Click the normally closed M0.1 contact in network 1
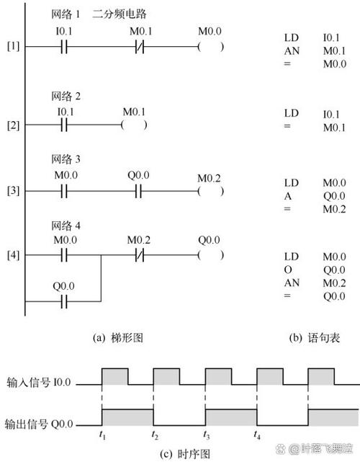point(140,47)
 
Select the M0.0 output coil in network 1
point(211,47)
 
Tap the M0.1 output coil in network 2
point(134,125)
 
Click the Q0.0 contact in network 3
point(139,191)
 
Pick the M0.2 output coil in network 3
point(211,191)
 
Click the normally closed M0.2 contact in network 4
point(140,255)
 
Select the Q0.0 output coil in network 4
point(211,255)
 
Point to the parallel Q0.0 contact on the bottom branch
point(64,302)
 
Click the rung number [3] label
point(13,190)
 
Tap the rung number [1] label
point(13,46)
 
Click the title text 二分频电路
point(120,14)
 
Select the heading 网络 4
point(66,226)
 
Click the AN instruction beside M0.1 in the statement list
point(292,51)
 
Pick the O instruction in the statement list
point(288,270)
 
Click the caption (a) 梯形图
point(118,337)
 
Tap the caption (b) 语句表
point(315,337)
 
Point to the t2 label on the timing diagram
point(155,435)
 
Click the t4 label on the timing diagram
point(257,435)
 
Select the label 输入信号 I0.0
point(39,383)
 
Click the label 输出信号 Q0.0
point(39,425)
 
